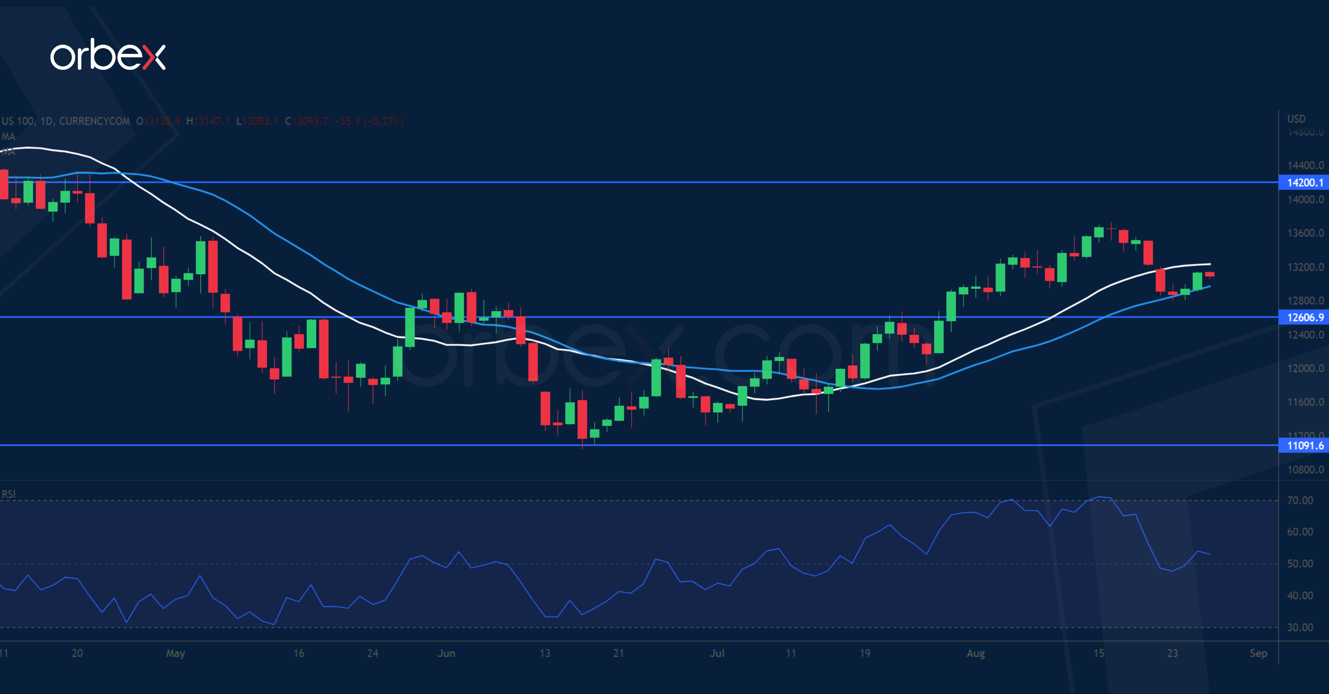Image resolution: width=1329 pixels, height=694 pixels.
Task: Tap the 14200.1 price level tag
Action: (x=1304, y=183)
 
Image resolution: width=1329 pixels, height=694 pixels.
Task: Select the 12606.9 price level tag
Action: (x=1304, y=317)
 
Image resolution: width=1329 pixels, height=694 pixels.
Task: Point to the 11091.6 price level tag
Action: (x=1304, y=445)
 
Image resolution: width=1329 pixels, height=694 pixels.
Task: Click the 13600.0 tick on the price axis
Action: (x=1305, y=233)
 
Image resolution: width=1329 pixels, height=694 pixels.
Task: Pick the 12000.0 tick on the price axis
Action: (x=1305, y=368)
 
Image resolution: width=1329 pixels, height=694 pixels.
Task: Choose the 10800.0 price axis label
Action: (x=1305, y=470)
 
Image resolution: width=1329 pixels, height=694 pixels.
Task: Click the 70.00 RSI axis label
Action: (x=1299, y=500)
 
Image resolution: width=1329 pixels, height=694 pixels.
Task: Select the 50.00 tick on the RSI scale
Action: (x=1299, y=563)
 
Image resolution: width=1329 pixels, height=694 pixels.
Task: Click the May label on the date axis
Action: (x=175, y=653)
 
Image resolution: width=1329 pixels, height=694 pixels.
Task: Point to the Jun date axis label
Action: (x=446, y=653)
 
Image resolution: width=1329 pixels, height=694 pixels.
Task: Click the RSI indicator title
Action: (x=9, y=494)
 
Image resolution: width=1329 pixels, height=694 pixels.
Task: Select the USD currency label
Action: (x=1296, y=118)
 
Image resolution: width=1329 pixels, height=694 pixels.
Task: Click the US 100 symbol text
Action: (x=18, y=121)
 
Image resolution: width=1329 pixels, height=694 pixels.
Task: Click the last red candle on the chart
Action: (x=1209, y=274)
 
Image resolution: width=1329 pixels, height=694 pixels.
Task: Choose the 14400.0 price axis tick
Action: (x=1305, y=166)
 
